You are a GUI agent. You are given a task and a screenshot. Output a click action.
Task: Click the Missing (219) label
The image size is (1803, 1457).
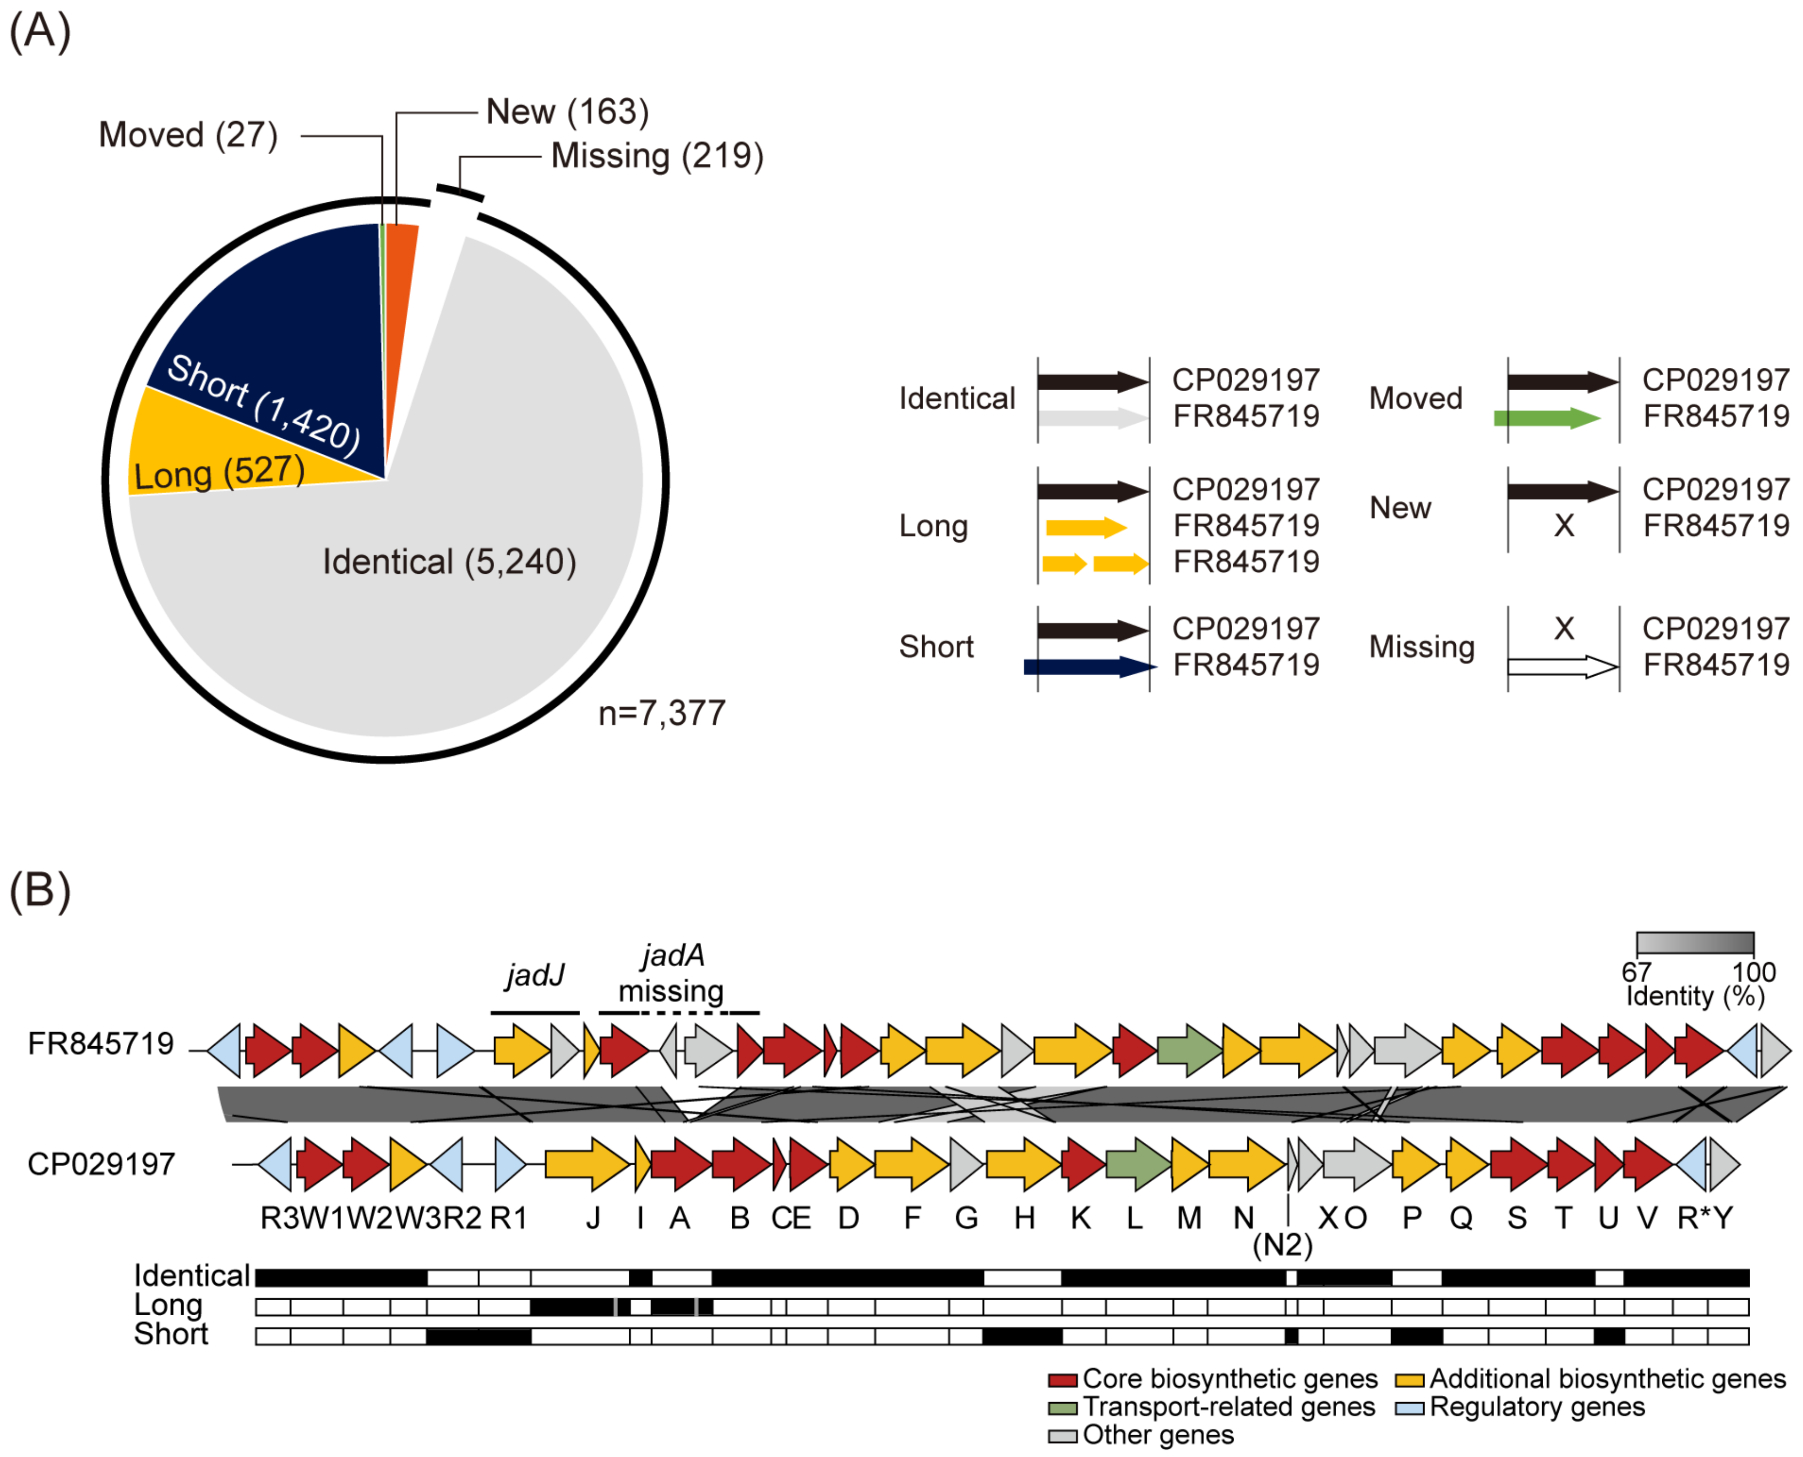click(656, 156)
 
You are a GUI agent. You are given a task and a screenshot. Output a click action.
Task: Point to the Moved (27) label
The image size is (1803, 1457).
click(188, 135)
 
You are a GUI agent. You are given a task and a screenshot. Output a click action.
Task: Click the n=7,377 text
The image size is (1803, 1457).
click(661, 713)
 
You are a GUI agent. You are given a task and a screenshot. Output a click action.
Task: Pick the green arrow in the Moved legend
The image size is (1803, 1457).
click(1546, 418)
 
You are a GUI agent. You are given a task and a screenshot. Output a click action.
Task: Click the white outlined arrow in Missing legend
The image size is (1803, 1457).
click(1561, 667)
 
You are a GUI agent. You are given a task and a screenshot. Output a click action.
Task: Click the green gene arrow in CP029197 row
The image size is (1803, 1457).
click(1136, 1164)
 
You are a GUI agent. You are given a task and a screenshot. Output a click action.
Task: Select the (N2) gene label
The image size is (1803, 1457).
click(1282, 1245)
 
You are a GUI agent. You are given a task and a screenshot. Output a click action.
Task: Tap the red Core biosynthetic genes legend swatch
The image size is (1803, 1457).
click(1062, 1380)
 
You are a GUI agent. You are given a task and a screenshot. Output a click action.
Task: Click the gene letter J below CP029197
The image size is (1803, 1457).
click(593, 1218)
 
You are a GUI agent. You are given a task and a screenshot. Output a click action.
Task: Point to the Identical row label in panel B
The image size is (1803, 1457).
click(191, 1276)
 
